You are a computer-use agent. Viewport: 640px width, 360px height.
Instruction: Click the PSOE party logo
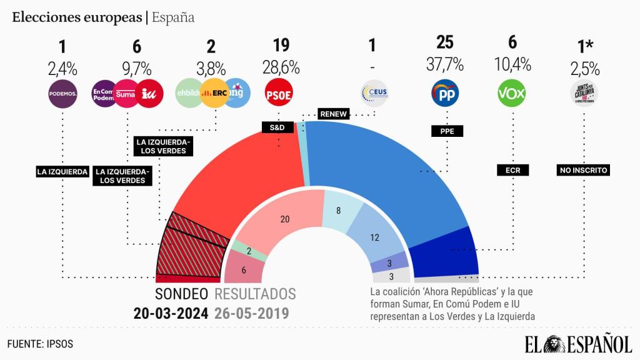pyautogui.click(x=278, y=94)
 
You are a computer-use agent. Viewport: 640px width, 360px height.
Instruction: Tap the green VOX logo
pyautogui.click(x=511, y=94)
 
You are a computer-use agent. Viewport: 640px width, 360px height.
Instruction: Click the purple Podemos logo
pyautogui.click(x=62, y=94)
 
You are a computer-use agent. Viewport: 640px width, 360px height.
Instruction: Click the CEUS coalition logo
pyautogui.click(x=374, y=94)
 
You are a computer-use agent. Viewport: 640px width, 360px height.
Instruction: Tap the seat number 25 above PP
pyautogui.click(x=444, y=43)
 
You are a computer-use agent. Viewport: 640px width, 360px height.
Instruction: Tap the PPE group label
pyautogui.click(x=447, y=131)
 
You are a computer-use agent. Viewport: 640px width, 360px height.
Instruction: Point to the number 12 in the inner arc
pyautogui.click(x=375, y=237)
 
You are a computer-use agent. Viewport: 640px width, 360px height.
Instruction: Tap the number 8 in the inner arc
pyautogui.click(x=338, y=211)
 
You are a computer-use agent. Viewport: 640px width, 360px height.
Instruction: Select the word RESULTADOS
pyautogui.click(x=255, y=294)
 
